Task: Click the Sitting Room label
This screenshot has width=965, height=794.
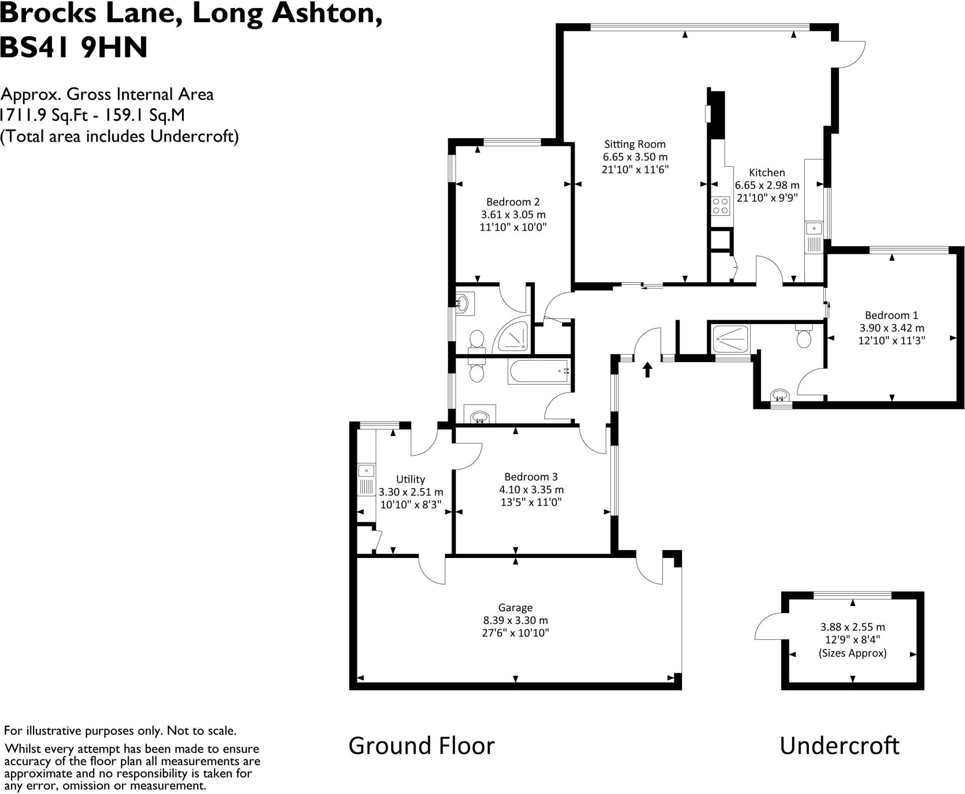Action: coord(635,145)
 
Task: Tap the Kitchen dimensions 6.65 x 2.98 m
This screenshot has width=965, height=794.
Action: coord(767,186)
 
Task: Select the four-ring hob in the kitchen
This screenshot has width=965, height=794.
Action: coord(720,206)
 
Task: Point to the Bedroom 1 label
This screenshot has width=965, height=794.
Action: coord(891,315)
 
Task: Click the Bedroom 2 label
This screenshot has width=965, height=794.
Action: coord(513,202)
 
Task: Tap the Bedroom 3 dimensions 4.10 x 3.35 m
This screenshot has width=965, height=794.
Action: coord(531,490)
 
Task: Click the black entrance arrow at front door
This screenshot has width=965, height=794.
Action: coord(647,369)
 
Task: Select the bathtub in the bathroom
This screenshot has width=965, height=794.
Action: coord(539,372)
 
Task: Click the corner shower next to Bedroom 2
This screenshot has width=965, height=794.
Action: coord(513,338)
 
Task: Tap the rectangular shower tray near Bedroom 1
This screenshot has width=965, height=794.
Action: coord(730,339)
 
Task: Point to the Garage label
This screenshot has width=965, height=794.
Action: coord(515,608)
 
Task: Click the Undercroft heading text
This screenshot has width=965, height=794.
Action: coord(839,746)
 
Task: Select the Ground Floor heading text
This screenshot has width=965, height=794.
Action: coord(421,746)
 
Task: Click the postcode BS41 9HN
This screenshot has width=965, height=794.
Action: coord(74,48)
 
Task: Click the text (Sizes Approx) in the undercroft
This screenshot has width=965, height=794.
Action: coord(852,653)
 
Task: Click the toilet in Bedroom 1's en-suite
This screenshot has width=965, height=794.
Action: coord(803,336)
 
